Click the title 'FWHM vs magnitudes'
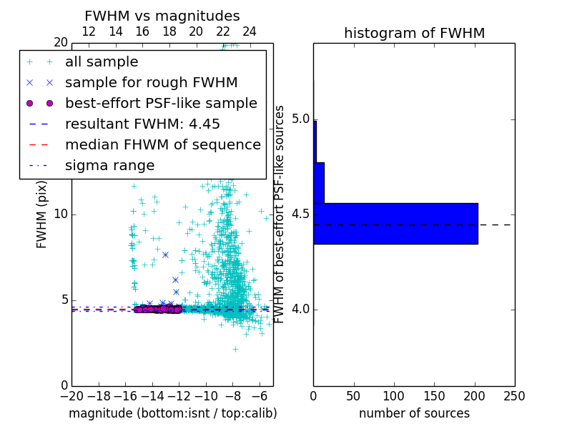coord(162,16)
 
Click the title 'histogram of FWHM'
coord(414,33)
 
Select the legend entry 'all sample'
coord(102,62)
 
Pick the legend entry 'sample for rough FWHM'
coord(151,82)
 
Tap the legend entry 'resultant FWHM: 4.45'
coord(142,124)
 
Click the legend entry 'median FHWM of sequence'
coord(162,144)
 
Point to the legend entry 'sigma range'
coord(109,165)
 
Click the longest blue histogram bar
coord(395,223)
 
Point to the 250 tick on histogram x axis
coord(514,396)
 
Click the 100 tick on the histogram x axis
coord(394,396)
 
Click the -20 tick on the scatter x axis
coord(71,396)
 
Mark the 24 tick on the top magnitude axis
coord(250,31)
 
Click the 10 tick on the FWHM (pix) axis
coord(60,214)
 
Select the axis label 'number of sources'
coord(414,413)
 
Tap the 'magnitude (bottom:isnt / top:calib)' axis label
coord(172,413)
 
